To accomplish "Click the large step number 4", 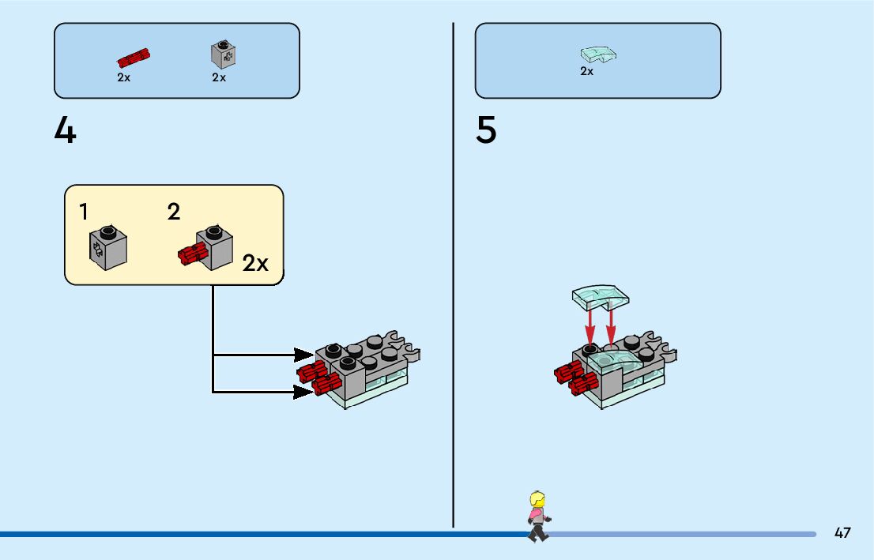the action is point(66,130).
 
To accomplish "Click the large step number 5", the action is point(486,130).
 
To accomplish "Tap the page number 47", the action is point(842,532).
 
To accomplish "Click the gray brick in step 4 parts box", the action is point(223,54).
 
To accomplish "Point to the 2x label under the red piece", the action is point(124,77).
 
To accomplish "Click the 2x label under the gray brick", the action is point(219,77).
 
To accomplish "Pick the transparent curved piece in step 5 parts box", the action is point(598,54).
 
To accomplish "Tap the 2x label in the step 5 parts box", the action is point(586,71).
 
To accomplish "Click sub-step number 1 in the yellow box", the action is point(84,212).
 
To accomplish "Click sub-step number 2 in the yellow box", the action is point(174,212).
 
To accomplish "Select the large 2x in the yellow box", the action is point(255,263).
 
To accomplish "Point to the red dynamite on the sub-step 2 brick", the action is point(192,254).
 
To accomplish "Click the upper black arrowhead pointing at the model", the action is point(303,355).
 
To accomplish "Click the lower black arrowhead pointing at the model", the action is point(303,391).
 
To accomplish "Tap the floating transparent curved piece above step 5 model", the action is point(601,296).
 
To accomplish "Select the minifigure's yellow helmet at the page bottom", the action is point(538,500).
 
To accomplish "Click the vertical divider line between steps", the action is point(454,276).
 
